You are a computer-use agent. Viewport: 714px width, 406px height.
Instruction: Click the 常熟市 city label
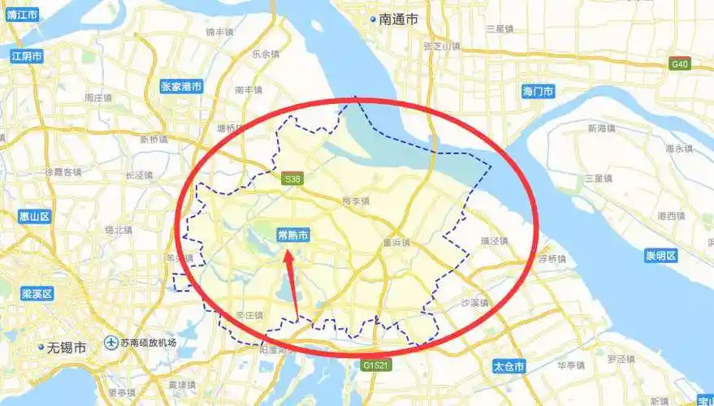tap(292, 235)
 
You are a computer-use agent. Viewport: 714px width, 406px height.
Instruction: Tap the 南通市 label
tap(397, 19)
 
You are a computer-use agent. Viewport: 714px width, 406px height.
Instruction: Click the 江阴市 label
tap(27, 56)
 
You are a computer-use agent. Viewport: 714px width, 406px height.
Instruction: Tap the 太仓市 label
tap(509, 367)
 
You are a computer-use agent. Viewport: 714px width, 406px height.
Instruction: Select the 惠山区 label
tap(35, 216)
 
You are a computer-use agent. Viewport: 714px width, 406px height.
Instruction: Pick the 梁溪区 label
tap(37, 293)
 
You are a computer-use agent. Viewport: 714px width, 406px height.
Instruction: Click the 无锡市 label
tap(63, 348)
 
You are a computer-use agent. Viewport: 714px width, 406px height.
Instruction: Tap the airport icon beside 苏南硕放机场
tap(110, 343)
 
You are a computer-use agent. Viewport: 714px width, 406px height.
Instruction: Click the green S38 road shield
tap(292, 179)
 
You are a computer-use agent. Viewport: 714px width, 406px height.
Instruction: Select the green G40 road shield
tap(679, 64)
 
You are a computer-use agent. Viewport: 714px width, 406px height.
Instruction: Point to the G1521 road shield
tap(377, 365)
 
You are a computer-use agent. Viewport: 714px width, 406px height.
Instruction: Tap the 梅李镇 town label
tap(356, 201)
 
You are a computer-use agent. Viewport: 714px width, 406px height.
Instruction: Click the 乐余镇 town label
tap(266, 54)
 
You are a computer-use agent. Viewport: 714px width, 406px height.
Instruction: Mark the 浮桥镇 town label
tap(553, 258)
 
